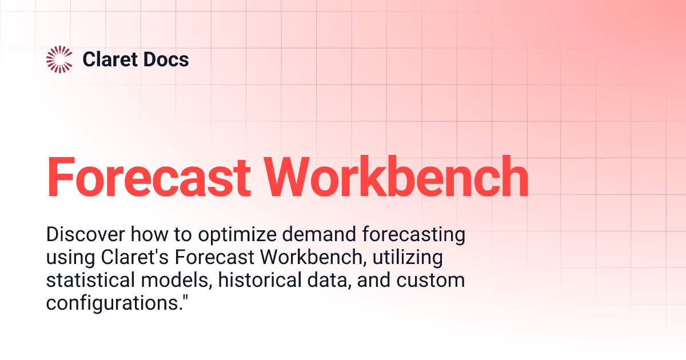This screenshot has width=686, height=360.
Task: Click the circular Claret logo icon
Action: click(59, 59)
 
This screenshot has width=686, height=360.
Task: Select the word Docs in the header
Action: click(166, 59)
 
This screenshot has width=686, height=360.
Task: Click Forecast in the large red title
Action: click(147, 176)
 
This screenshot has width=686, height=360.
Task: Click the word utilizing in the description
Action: click(408, 258)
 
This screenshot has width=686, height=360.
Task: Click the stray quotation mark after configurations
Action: click(185, 298)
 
